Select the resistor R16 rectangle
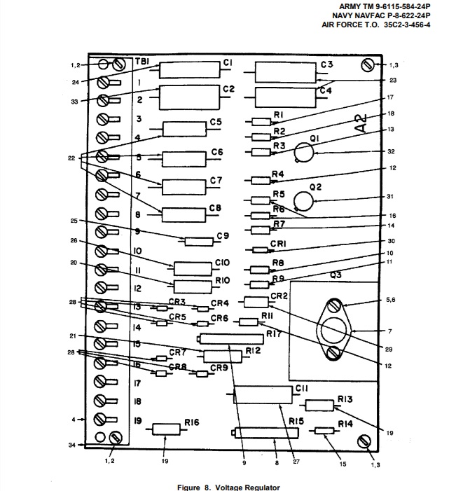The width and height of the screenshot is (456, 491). click(166, 429)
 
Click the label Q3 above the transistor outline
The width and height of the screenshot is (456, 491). click(336, 275)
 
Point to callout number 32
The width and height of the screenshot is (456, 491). click(392, 152)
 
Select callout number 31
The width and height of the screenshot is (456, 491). click(391, 196)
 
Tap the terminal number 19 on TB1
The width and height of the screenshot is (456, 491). click(138, 421)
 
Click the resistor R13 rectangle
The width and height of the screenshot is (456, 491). click(319, 405)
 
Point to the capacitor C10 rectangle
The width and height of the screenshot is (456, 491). click(193, 268)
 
